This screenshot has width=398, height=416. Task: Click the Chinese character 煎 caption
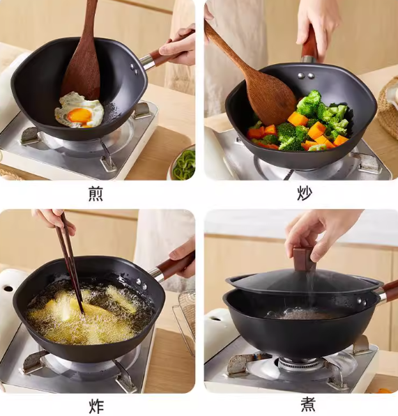click(95, 194)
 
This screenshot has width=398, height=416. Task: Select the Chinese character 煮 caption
click(307, 404)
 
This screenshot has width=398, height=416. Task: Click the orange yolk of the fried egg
click(79, 114)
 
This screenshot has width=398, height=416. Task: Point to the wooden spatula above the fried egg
click(84, 56)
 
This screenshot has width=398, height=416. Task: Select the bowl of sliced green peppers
click(183, 166)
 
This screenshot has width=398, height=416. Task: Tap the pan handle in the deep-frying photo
click(174, 268)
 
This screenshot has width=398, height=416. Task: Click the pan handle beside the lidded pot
click(387, 292)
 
